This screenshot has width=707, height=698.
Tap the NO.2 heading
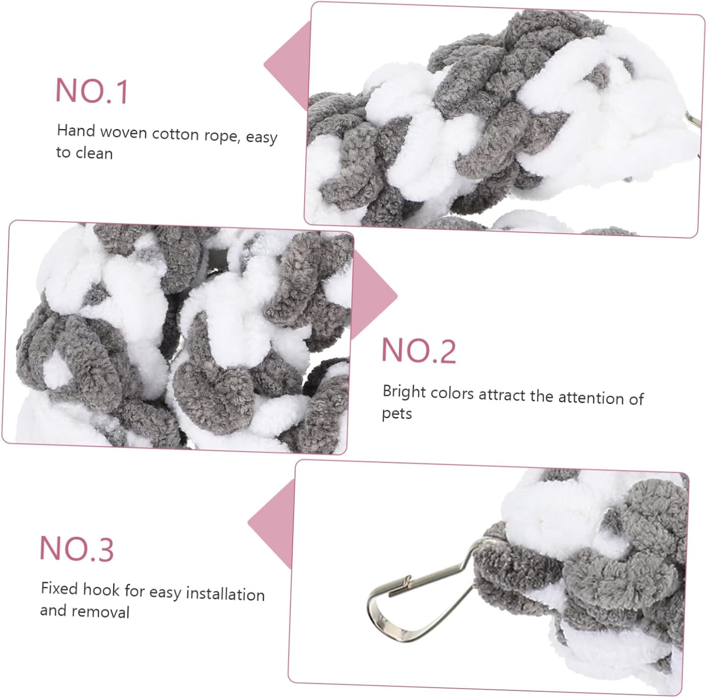[419, 351]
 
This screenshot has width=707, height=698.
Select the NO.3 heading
[76, 549]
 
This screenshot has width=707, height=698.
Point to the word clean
[94, 154]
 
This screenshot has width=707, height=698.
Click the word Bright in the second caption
[403, 392]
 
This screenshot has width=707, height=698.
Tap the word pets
[397, 414]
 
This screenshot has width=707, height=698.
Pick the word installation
[225, 594]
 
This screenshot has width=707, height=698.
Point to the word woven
[124, 132]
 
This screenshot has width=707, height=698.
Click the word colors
[452, 393]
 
